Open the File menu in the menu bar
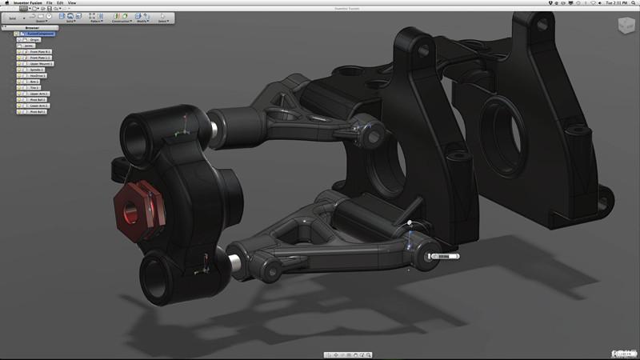[50, 3]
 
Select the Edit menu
[60, 3]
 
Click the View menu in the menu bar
[72, 3]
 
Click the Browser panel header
[32, 27]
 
